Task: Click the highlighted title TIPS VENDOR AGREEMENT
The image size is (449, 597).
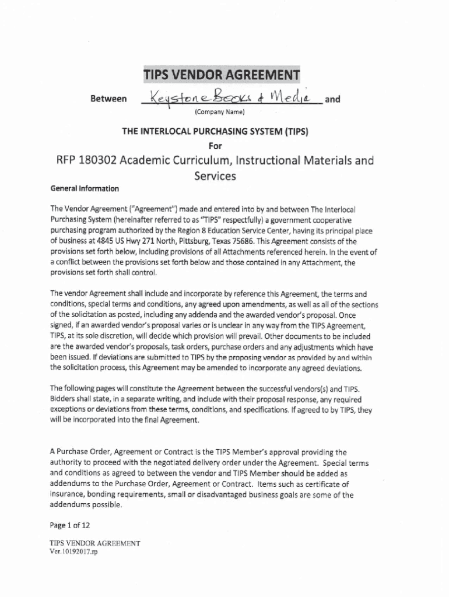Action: click(x=222, y=76)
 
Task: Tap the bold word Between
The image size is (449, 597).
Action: click(x=108, y=100)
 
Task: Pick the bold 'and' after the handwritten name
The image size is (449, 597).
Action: click(x=332, y=99)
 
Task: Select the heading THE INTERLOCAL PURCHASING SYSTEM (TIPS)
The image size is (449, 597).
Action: click(x=215, y=132)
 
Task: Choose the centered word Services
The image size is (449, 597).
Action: click(x=215, y=175)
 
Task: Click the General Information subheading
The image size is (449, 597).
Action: click(x=85, y=188)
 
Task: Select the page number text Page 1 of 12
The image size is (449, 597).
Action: click(x=70, y=525)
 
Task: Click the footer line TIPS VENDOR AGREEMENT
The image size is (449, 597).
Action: click(x=95, y=543)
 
